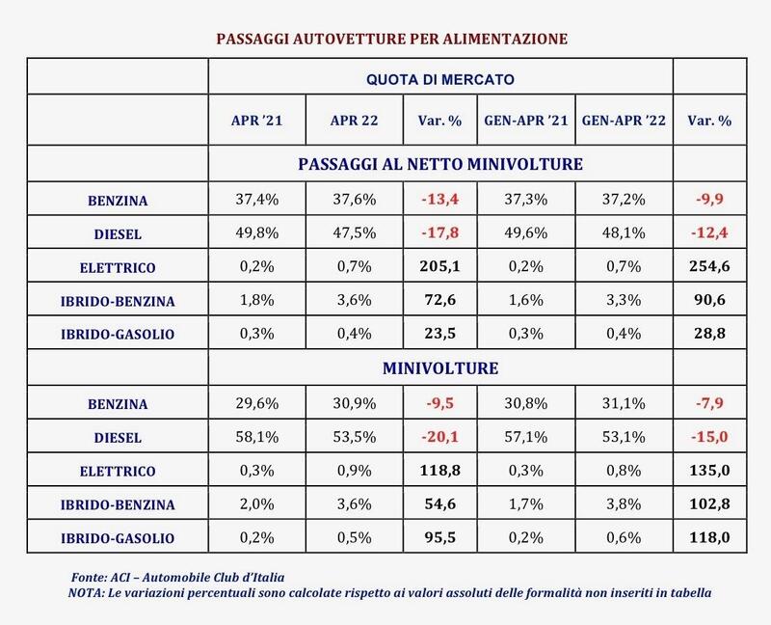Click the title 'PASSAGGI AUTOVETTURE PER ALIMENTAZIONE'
coord(390,38)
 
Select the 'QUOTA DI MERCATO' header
coord(440,76)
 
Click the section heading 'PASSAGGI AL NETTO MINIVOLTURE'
coord(440,164)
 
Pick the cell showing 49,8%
coord(256,232)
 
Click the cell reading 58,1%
coord(256,437)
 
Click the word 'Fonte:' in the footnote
coord(91,576)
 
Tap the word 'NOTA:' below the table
coord(88,591)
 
